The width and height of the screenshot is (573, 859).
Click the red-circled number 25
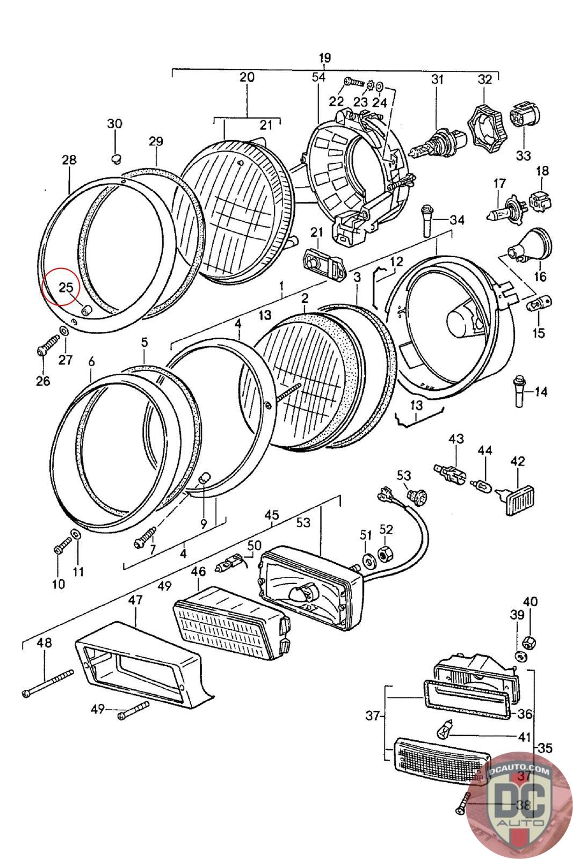(x=66, y=287)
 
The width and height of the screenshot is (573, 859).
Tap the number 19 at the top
(x=324, y=58)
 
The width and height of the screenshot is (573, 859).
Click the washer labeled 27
(x=64, y=330)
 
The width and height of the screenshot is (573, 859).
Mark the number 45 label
(x=272, y=515)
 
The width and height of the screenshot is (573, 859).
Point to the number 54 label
(x=318, y=77)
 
